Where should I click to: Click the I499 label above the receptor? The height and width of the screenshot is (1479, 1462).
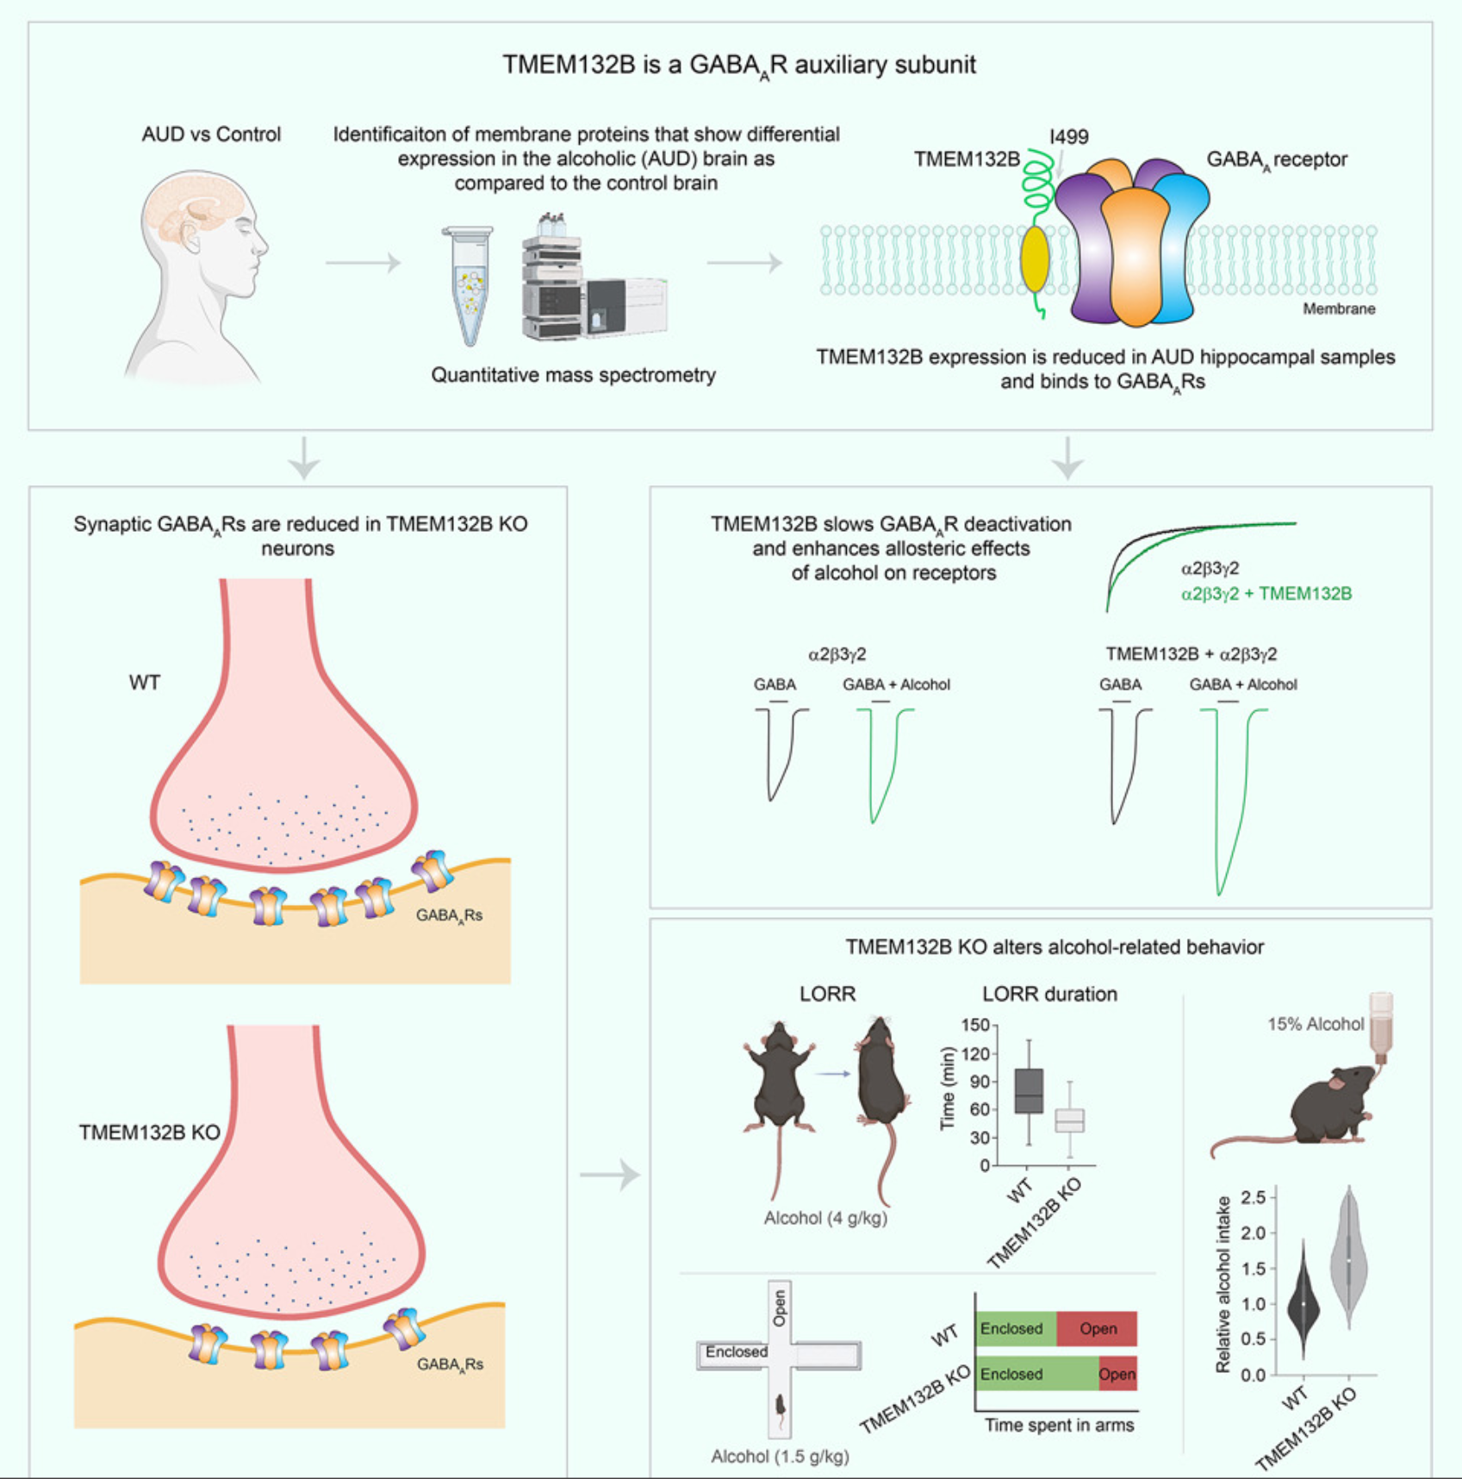click(1068, 136)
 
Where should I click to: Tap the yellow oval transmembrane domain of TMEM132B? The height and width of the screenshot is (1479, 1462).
click(1035, 259)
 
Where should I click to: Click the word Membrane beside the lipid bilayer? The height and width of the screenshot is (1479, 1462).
click(1338, 309)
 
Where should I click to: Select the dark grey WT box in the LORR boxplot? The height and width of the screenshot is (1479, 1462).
click(1029, 1091)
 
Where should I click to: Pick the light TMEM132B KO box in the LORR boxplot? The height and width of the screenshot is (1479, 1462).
click(1070, 1120)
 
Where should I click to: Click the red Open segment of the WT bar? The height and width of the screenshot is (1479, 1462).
click(1097, 1329)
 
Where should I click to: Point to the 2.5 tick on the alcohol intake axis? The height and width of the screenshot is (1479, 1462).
click(1253, 1197)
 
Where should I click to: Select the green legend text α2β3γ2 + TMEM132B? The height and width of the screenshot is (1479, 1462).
click(1266, 594)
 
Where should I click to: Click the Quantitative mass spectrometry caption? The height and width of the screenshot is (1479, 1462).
click(573, 375)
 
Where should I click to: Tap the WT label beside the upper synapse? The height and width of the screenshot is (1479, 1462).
click(145, 683)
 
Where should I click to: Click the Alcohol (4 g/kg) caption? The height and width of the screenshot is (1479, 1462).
click(825, 1218)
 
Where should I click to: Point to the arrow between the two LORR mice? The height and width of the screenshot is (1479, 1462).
click(833, 1074)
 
